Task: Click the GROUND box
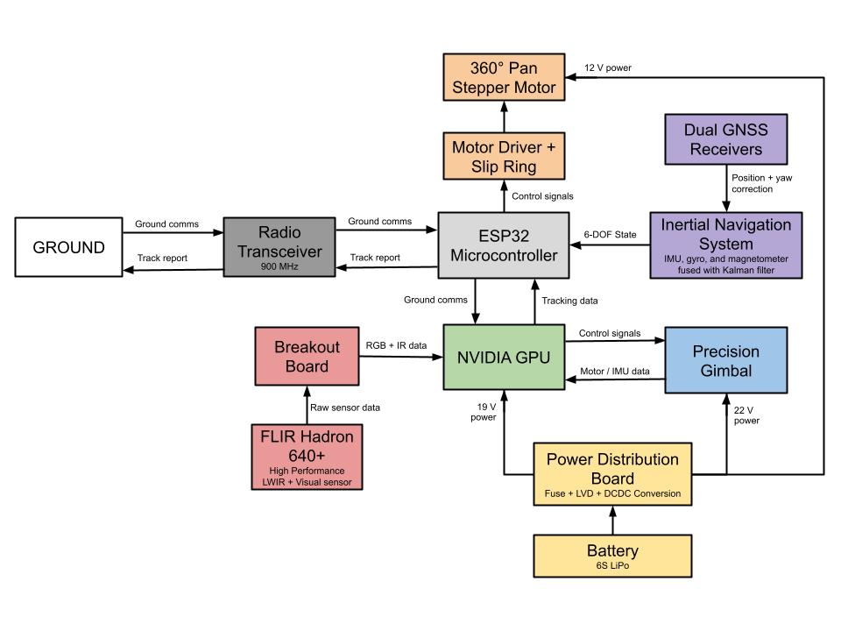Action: tap(68, 247)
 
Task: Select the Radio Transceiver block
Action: tap(279, 247)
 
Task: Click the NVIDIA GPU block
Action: tap(503, 357)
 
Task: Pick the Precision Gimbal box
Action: tap(725, 360)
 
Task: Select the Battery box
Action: tap(612, 557)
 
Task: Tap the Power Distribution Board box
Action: tap(612, 476)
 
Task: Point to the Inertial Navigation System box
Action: tap(725, 245)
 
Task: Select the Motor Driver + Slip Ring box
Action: tap(503, 155)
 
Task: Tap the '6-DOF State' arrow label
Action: tap(609, 234)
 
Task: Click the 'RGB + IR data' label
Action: tap(396, 345)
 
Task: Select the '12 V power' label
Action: tap(608, 67)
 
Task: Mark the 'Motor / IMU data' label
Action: tap(615, 371)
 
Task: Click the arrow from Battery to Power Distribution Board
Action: tap(612, 521)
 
